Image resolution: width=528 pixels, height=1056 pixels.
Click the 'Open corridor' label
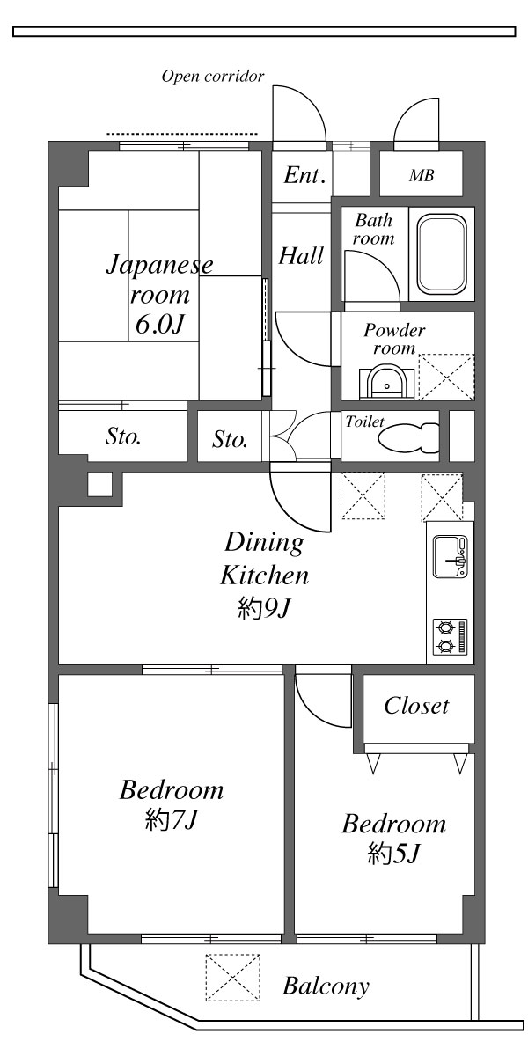(x=212, y=77)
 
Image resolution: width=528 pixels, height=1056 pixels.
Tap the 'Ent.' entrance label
(x=304, y=174)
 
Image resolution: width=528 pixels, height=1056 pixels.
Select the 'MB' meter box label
(x=422, y=175)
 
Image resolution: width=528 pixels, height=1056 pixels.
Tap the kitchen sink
(x=450, y=558)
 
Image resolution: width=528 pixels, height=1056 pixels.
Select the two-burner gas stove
(x=450, y=636)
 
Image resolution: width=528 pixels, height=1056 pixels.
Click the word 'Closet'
(x=417, y=706)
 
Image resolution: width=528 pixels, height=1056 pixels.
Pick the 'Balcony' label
(x=326, y=986)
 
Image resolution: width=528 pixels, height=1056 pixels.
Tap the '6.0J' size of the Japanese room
(x=159, y=325)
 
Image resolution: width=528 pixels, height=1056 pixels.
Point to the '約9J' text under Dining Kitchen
(x=263, y=608)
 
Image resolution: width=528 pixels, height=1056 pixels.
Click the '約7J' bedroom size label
(x=172, y=820)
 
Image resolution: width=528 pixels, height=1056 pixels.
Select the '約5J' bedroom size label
(x=393, y=853)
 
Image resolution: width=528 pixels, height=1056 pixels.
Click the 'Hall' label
(x=301, y=256)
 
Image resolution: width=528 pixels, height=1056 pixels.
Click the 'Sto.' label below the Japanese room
(x=124, y=436)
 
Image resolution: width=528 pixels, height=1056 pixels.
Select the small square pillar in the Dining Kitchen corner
(x=99, y=485)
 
